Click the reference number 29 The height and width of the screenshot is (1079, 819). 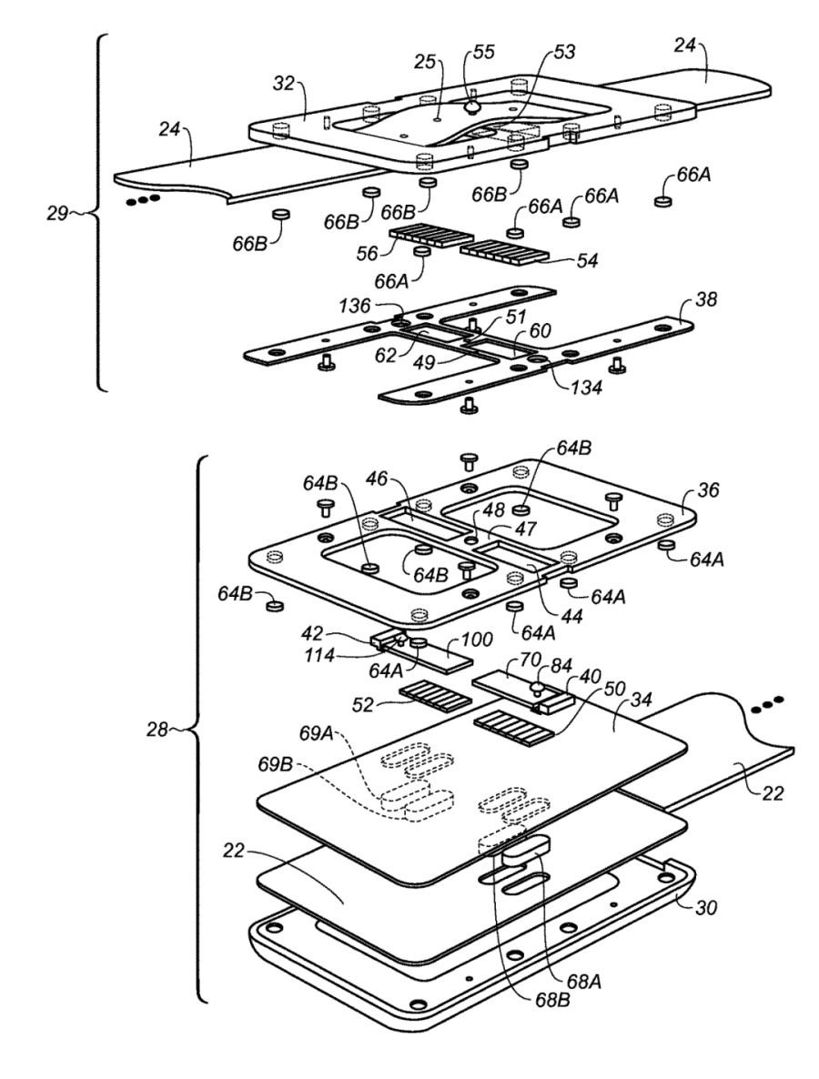tap(57, 213)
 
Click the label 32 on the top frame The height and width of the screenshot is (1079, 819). tap(283, 84)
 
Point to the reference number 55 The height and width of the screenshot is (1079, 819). tap(484, 53)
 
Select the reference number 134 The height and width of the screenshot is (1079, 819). tap(585, 388)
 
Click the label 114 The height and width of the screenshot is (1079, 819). tap(320, 657)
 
